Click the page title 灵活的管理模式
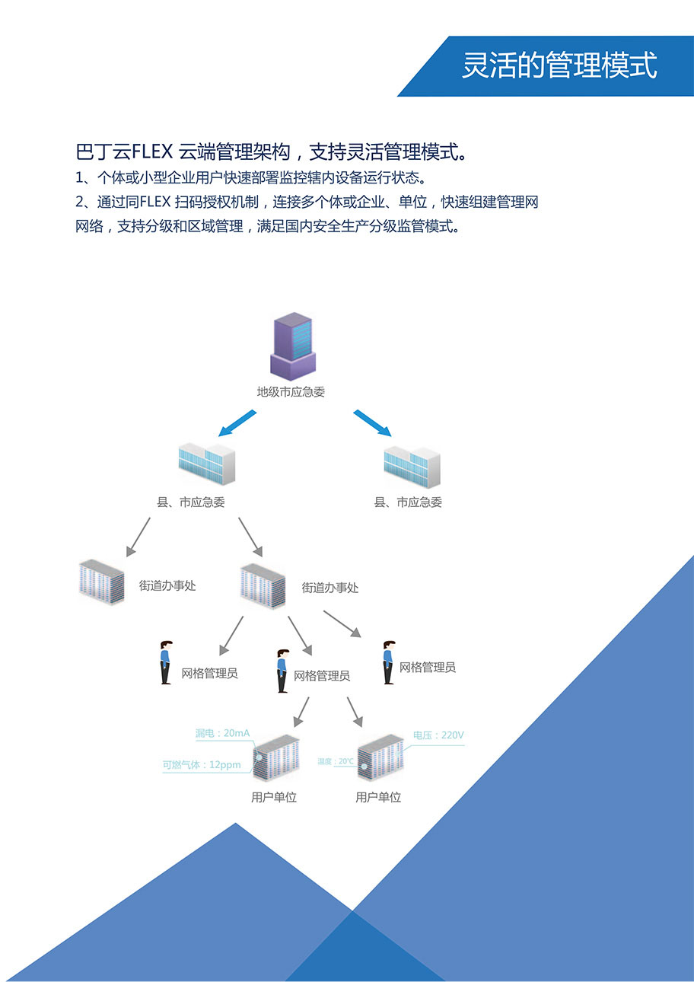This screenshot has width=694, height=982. (559, 65)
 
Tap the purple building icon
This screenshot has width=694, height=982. (293, 346)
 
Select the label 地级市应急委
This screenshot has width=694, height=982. (291, 393)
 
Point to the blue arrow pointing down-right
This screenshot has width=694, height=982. (372, 422)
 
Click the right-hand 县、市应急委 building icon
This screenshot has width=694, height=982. (412, 466)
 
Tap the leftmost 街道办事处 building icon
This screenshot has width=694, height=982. (101, 582)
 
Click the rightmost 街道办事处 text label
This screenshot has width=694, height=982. (329, 588)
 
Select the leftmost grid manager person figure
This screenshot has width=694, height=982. (165, 662)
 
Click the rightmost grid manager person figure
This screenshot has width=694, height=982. (389, 662)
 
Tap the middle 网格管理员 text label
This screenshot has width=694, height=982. (321, 676)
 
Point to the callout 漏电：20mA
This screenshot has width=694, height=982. (222, 734)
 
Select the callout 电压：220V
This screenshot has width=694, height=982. (438, 735)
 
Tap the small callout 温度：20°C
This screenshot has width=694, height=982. (336, 761)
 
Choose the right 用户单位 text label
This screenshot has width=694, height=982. (378, 798)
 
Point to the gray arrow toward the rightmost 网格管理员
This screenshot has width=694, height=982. (342, 623)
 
